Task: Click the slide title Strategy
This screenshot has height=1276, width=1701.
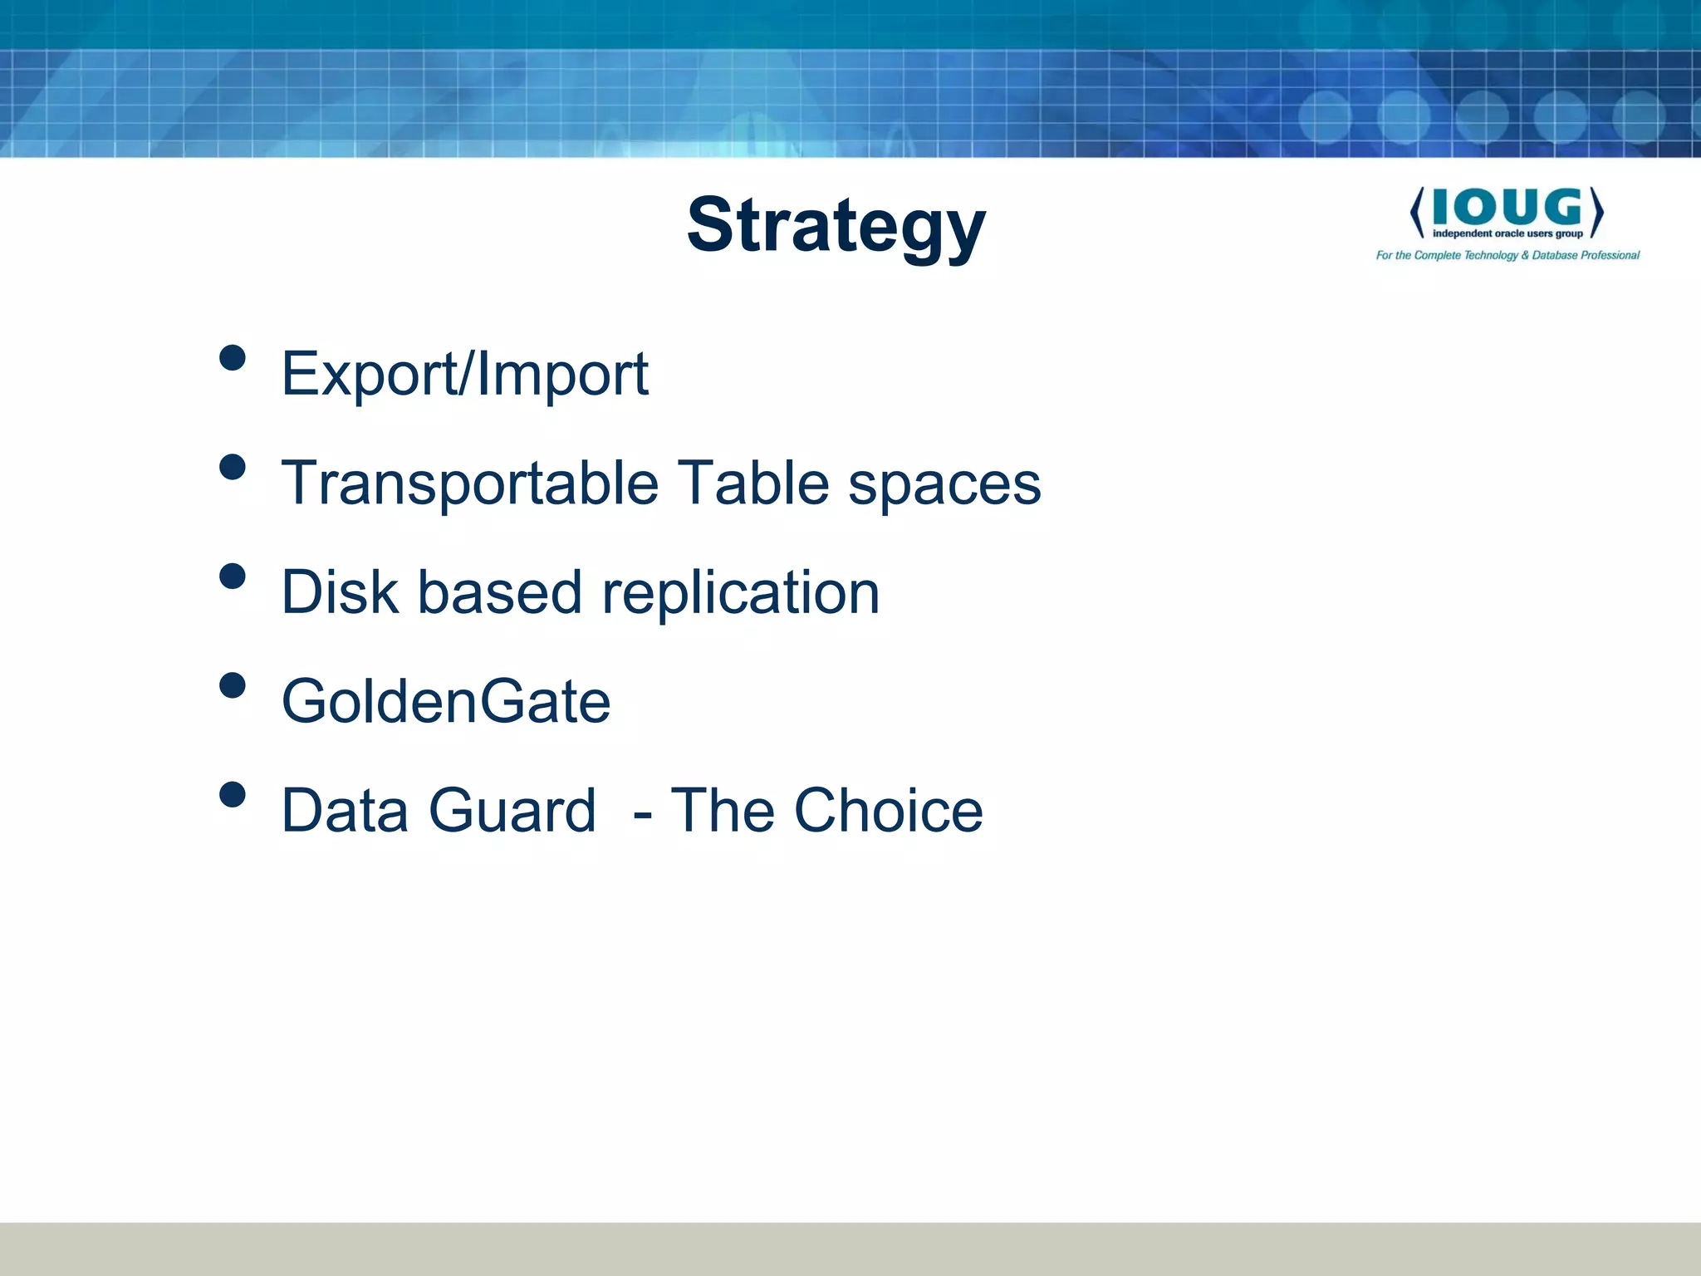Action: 836,226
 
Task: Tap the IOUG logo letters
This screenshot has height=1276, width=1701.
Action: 1507,207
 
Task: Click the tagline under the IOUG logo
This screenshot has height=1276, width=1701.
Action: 1507,255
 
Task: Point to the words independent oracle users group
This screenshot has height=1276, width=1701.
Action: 1507,234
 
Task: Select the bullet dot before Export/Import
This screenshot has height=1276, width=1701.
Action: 233,358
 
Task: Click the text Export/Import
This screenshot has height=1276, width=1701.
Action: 464,374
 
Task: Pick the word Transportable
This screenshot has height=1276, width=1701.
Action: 470,483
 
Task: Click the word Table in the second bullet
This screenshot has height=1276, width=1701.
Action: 752,483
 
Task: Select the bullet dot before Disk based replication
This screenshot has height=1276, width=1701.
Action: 233,577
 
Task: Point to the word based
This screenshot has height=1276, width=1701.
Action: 499,592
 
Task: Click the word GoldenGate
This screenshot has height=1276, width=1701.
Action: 446,702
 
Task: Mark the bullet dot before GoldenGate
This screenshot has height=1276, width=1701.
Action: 233,685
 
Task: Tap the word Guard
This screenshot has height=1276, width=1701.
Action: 512,810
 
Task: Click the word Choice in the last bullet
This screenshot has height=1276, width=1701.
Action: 888,810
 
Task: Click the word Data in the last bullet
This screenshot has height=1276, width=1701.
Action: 345,810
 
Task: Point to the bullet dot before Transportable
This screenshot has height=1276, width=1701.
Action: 233,467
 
